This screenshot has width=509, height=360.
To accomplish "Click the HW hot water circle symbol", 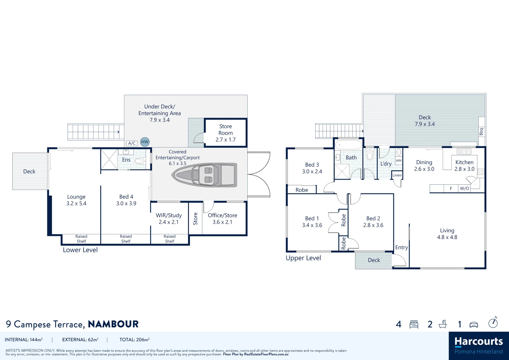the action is coord(145,142).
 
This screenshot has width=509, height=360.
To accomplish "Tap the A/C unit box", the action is coord(132,143).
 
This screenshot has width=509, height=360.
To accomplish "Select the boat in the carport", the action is coord(204,175).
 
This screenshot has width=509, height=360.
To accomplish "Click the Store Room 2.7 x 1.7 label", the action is coord(226,133).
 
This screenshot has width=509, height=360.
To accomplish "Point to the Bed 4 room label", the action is coord(126,197).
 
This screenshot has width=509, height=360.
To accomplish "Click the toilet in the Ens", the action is coord(139,161).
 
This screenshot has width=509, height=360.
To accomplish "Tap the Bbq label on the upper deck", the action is coord(481,132).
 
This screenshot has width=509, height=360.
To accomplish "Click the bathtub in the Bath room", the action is coord(349,145).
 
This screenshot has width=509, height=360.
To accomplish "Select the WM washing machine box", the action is coord(399,160).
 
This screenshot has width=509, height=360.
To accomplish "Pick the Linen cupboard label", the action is coord(397,175).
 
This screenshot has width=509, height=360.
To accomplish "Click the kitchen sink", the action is coord(464,151).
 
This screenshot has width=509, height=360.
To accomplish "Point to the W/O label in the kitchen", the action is coord(464,188).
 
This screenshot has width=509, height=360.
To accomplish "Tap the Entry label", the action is coord(402,247).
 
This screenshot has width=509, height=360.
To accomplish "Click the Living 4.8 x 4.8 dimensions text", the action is coord(447,237).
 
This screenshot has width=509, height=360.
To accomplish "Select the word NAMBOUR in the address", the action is coord(113,324).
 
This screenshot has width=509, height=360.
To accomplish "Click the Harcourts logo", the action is coord(479,346).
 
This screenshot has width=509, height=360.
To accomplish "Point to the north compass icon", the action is coord(493,322).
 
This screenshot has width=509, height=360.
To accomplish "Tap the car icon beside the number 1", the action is coord(474,325).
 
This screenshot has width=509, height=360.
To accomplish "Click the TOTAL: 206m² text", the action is coord(135,340).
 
